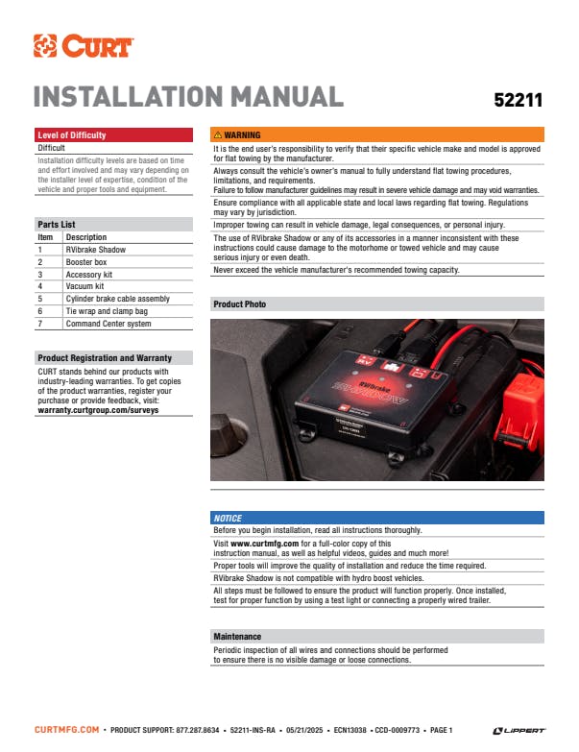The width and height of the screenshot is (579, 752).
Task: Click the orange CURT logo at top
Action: (84, 45)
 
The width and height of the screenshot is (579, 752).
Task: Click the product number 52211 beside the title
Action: (519, 100)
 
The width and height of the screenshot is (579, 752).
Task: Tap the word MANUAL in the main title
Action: (287, 96)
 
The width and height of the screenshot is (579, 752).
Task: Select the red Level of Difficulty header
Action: (113, 134)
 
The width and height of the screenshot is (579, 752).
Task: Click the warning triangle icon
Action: (218, 134)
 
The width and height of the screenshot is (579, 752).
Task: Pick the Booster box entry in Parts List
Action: (86, 262)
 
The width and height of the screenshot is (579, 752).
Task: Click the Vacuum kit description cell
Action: (84, 286)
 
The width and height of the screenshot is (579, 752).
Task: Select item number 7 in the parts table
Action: (39, 324)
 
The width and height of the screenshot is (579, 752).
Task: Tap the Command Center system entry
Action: (109, 324)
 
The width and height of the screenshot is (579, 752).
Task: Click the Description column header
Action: (86, 237)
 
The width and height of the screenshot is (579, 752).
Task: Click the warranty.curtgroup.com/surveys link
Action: (98, 410)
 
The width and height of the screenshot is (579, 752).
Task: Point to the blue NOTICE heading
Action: (228, 518)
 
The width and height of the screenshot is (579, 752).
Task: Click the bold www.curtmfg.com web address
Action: (265, 544)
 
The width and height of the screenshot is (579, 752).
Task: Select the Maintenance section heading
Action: (237, 637)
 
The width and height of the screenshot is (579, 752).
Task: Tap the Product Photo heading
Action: (240, 304)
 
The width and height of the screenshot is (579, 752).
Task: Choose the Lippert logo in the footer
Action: (519, 731)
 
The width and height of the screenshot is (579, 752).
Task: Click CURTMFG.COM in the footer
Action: (66, 730)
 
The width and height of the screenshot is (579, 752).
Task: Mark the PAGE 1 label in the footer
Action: (441, 730)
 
